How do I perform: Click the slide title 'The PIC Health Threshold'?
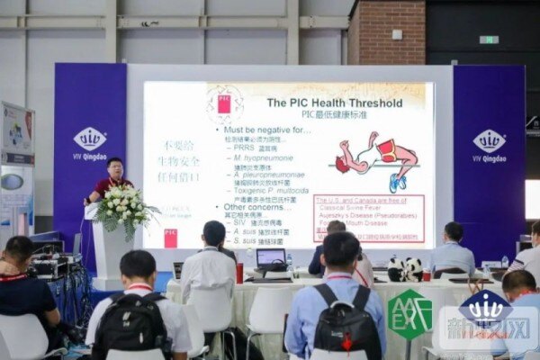coord(334,103)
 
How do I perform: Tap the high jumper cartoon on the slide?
coord(377,160)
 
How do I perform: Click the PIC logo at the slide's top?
coord(224,103)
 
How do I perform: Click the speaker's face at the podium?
coord(115,168)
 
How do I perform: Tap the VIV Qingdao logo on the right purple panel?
coord(489,144)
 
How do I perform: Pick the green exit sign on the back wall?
coord(489,40)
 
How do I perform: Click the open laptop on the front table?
coord(271,260)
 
